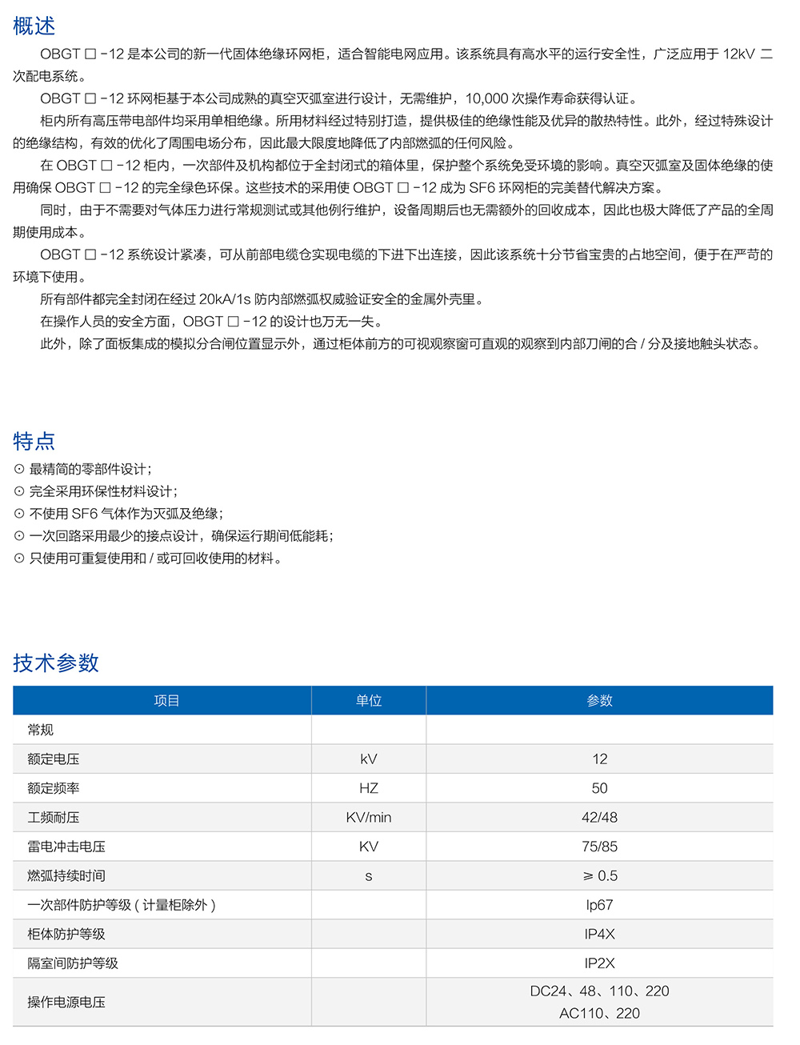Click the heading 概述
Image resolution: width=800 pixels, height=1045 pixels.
point(34,26)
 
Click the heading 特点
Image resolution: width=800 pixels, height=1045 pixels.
point(34,441)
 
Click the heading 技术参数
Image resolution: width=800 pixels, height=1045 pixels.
point(56,663)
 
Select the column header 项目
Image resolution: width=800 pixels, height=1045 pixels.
point(166,701)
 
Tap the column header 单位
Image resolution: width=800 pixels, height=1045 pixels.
point(369,701)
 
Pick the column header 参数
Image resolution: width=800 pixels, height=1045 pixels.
point(599,701)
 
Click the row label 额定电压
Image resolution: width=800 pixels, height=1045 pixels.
point(54,759)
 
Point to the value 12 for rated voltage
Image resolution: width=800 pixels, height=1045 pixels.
point(599,759)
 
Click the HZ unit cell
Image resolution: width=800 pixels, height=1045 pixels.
point(369,788)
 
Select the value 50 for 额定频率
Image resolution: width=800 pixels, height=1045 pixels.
point(599,788)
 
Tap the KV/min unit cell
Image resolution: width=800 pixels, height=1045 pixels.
point(369,818)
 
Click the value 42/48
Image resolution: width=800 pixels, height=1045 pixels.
point(599,818)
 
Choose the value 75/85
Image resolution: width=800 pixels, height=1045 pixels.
point(599,847)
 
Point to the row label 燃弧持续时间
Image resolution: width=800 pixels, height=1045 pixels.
point(66,876)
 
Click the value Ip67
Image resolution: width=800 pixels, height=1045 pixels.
point(599,905)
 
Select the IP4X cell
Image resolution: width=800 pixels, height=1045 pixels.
point(599,935)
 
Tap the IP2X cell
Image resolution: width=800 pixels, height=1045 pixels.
point(599,963)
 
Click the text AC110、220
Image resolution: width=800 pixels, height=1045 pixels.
point(599,1014)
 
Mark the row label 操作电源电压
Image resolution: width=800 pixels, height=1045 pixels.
point(66,1003)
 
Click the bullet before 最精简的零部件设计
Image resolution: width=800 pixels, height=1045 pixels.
point(19,470)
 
